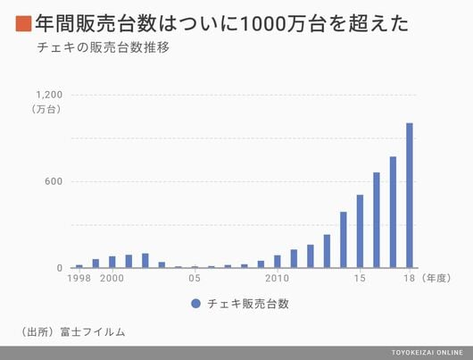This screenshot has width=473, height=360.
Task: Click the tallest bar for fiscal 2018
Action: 410,196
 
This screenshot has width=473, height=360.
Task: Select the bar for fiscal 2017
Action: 393,213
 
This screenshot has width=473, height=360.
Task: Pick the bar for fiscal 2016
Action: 377,220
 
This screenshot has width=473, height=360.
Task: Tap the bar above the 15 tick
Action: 360,231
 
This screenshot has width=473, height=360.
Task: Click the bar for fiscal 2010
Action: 278,262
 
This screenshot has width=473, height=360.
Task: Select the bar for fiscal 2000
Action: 112,262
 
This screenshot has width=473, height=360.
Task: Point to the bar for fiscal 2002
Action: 145,261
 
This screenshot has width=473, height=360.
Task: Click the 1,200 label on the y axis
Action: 49,95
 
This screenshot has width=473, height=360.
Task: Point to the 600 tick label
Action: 54,181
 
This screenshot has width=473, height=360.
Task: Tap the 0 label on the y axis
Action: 60,268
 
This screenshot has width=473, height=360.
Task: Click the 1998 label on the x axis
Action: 79,278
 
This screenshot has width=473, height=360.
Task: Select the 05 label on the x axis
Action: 195,278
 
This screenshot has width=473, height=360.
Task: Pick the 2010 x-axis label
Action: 278,278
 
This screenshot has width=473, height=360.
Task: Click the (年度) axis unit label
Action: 436,278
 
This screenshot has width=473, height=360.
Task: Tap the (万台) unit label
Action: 46,109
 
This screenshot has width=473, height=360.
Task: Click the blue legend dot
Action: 195,304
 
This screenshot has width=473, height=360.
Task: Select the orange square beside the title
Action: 23,24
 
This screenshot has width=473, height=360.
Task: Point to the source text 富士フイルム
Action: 93,332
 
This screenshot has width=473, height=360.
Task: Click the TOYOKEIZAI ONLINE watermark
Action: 427,353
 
